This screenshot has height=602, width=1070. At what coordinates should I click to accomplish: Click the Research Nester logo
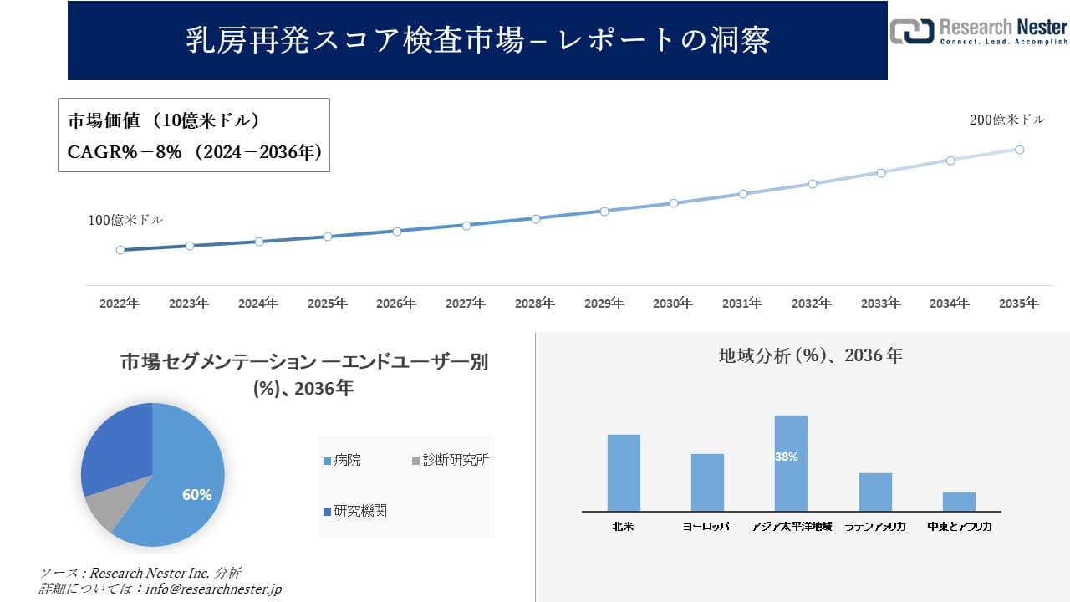point(978,32)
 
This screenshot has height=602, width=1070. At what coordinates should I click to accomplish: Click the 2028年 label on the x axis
point(534,304)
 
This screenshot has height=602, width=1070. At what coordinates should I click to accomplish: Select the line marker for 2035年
point(1020,150)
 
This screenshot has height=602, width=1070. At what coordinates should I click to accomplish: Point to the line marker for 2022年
point(120,250)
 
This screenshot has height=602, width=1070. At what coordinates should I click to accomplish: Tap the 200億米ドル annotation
point(1006,120)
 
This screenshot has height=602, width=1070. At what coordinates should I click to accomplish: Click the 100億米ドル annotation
point(125,220)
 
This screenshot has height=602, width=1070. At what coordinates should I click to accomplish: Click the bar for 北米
point(624,472)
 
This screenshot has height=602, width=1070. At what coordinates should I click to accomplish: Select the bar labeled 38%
point(791,464)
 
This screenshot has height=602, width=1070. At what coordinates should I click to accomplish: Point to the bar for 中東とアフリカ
point(959,502)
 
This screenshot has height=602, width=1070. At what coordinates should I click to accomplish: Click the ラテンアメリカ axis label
point(875,527)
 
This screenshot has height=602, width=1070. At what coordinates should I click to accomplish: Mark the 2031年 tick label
point(741,304)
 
